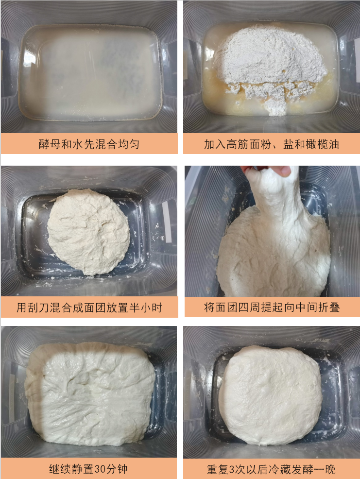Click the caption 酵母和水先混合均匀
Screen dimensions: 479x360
point(89,144)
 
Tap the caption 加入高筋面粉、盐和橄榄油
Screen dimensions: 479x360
point(271,144)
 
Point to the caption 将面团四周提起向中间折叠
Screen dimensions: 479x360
point(272,307)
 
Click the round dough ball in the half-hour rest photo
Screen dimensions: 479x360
point(88,231)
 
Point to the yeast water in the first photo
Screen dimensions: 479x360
point(90,73)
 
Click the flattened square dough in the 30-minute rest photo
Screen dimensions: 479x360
point(90,393)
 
